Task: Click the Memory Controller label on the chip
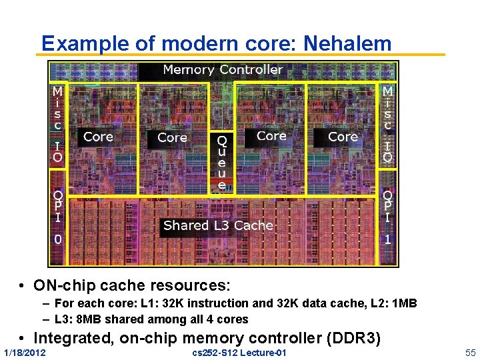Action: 223,69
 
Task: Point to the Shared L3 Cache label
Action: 218,225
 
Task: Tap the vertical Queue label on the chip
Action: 222,163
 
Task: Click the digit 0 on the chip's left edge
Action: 58,239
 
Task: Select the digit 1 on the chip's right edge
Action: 387,239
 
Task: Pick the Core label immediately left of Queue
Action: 172,138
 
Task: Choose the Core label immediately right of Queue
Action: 271,136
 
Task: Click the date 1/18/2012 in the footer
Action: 25,352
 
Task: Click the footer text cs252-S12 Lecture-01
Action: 239,352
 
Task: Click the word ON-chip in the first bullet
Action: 64,286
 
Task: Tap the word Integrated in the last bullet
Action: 73,338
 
